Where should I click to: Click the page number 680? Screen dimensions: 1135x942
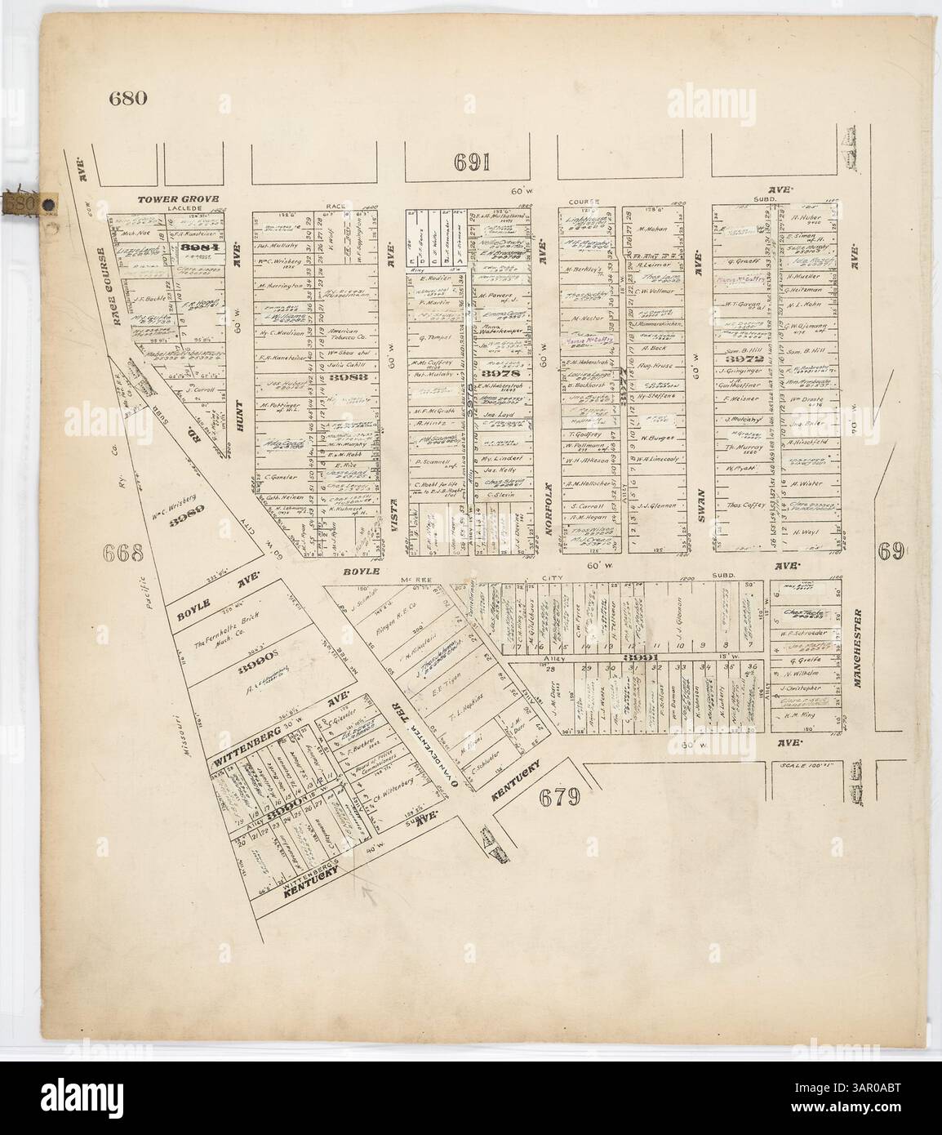tap(127, 100)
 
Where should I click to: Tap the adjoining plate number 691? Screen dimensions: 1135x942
tap(473, 162)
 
